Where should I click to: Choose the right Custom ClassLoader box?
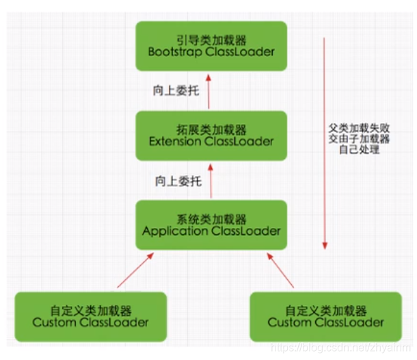[x=325, y=316]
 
